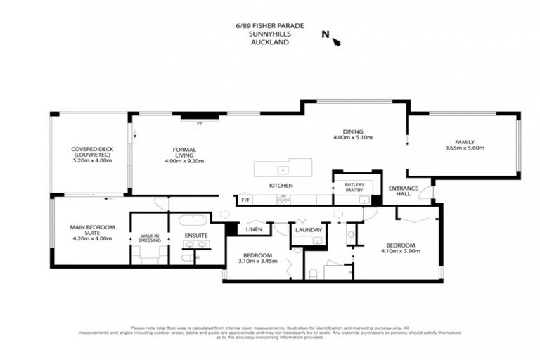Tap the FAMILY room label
465,141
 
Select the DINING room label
352,131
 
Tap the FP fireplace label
200,123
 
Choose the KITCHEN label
281,186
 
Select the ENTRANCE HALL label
404,191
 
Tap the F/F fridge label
245,200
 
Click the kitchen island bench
283,169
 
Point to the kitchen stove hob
283,200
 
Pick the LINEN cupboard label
254,229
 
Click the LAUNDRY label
308,229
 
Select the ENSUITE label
195,236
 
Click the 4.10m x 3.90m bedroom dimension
397,250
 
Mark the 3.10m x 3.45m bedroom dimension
258,260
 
